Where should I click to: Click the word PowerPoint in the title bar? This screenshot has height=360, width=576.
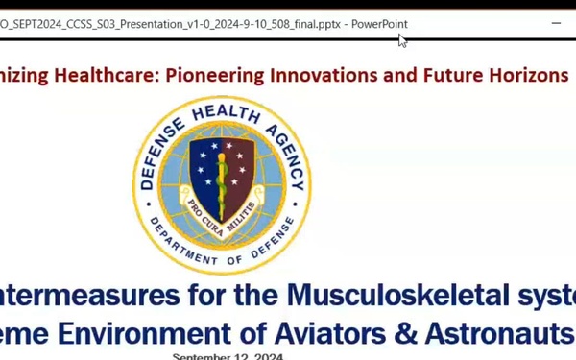[x=378, y=24]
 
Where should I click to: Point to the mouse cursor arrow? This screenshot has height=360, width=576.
[x=402, y=39]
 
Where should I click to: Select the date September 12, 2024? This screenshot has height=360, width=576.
[x=228, y=356]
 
